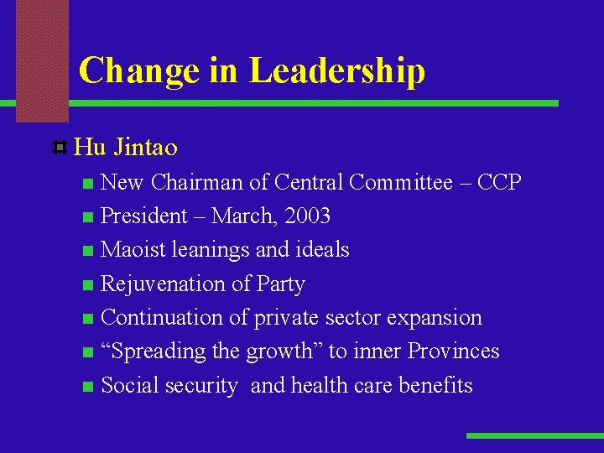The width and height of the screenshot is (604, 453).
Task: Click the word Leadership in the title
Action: pos(337,71)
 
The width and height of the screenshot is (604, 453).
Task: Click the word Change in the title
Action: pos(138,71)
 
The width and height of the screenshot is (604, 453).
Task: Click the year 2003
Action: pos(307,216)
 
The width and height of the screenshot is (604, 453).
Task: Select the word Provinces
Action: pos(453,351)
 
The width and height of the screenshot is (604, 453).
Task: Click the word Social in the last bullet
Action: pos(127,385)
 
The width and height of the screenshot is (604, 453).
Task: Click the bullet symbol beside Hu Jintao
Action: pos(60,148)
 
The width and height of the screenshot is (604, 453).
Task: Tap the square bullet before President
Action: pos(90,217)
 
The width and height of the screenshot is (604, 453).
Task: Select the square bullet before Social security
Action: pos(90,387)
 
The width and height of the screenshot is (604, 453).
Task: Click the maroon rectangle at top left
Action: pos(42,59)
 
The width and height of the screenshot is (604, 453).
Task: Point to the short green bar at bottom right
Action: pos(534,435)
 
